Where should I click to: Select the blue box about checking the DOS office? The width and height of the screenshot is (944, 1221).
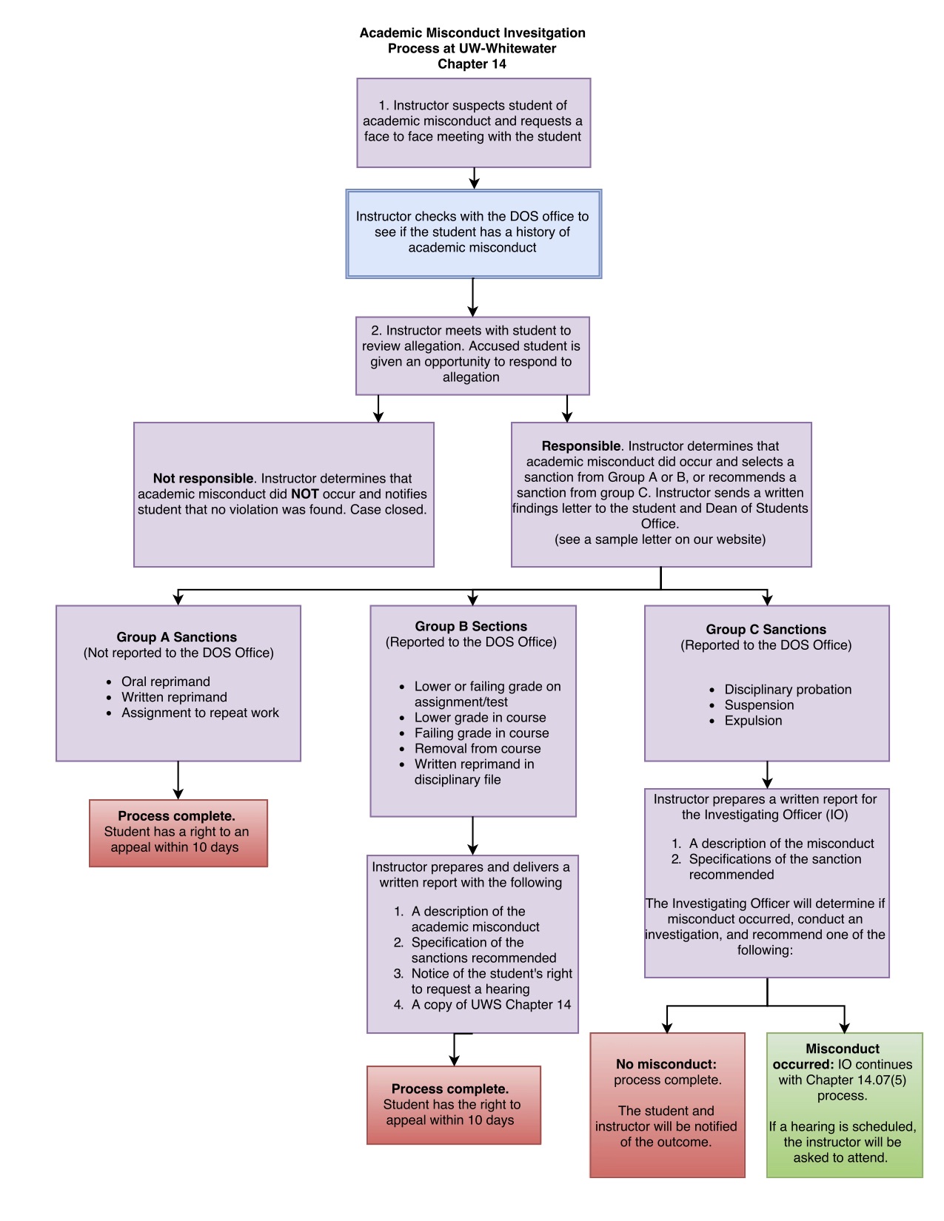click(473, 233)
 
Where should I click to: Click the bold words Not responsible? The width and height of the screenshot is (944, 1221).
click(203, 479)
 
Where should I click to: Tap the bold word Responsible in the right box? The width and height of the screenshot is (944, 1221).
click(580, 446)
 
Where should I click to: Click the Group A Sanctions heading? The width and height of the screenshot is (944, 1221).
click(176, 637)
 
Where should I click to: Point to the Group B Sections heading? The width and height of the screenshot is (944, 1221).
click(471, 627)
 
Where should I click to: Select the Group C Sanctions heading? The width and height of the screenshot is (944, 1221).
click(766, 630)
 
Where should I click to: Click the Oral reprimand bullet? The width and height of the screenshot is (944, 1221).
click(165, 682)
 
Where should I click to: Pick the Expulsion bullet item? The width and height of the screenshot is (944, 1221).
click(752, 721)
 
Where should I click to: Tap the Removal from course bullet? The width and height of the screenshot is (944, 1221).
click(477, 749)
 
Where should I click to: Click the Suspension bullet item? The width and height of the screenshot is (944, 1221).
click(758, 705)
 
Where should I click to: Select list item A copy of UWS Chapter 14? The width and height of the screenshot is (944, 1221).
click(490, 1005)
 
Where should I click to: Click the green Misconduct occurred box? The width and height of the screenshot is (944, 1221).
click(844, 1104)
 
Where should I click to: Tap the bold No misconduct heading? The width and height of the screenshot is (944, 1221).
click(666, 1064)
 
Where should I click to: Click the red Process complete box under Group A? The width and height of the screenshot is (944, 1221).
click(178, 832)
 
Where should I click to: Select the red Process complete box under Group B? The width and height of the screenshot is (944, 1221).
click(453, 1105)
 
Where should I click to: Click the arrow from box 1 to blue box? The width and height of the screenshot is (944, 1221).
click(474, 178)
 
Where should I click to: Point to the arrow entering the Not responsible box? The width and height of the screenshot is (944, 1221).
click(378, 408)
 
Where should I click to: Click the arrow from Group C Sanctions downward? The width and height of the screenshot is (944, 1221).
click(767, 775)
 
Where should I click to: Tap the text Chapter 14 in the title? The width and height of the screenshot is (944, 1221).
click(472, 64)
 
